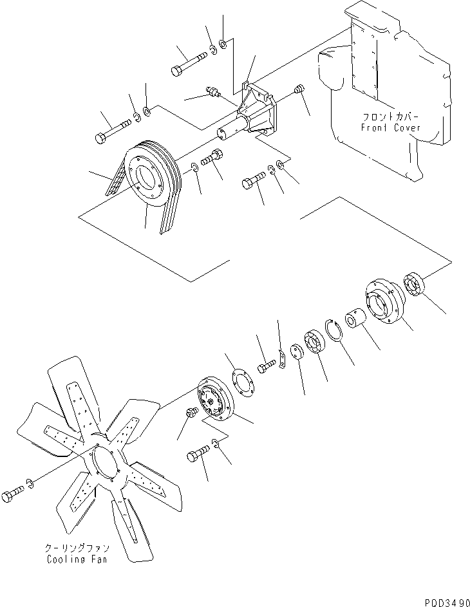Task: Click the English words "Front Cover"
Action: [390, 128]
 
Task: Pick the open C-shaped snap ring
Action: [335, 332]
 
